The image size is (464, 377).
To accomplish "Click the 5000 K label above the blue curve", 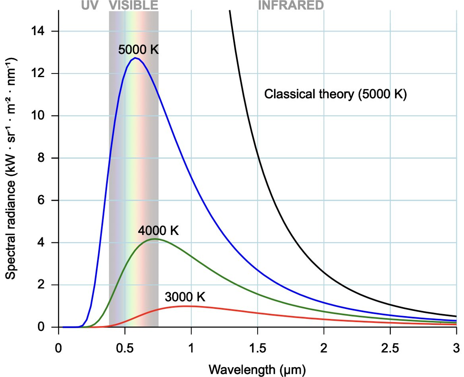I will (138, 50).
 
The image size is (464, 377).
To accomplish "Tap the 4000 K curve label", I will (158, 231).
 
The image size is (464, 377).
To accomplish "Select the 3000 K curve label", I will (185, 297).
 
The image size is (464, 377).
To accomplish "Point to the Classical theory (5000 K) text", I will (335, 95).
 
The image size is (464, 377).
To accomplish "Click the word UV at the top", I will (91, 5).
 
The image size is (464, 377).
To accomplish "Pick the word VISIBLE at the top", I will (133, 5).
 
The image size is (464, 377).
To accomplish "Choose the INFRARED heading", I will (291, 5).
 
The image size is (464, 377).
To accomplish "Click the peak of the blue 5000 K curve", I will (135, 58).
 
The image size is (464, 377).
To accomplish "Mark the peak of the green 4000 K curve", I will (154, 239).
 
